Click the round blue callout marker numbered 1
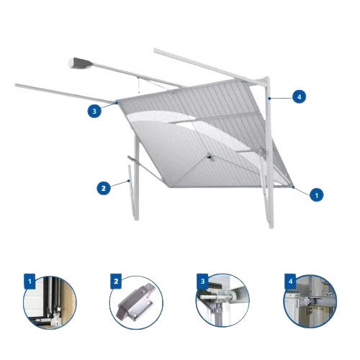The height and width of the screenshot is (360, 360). click(317, 194)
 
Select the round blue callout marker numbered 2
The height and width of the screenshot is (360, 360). click(104, 188)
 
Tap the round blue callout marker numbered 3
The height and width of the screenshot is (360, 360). click(94, 111)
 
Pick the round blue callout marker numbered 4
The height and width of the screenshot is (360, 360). click(299, 96)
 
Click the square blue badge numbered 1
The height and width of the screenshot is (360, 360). click(30, 282)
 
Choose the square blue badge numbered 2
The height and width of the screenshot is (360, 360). click(116, 282)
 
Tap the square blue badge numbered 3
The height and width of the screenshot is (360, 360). click(202, 282)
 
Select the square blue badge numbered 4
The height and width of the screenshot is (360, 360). click(290, 282)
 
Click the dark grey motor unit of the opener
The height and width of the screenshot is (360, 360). click(81, 63)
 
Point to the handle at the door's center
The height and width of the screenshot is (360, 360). click(210, 157)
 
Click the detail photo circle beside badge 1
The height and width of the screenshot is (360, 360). click(50, 302)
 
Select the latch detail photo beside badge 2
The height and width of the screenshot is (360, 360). click(136, 302)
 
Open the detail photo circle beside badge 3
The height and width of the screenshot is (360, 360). click(222, 300)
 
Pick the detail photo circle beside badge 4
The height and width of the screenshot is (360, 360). click(310, 301)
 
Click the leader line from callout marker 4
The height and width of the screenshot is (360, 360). click(281, 98)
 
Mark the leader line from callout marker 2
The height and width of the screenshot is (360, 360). click(120, 184)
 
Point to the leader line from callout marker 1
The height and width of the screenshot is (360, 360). click(302, 191)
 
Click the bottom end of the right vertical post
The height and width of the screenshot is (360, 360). click(271, 227)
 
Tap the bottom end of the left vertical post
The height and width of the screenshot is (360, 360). click(136, 219)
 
